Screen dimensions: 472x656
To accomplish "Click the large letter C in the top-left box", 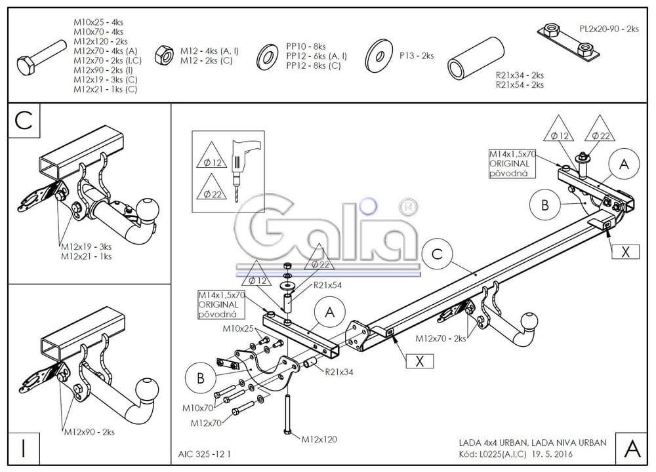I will coord(24,121).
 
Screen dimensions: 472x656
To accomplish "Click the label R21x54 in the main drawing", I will coord(328,285).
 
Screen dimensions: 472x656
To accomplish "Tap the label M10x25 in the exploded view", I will coord(237,328).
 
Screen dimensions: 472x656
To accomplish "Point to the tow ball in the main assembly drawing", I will coord(529,323).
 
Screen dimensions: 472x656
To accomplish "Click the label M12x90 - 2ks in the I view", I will coord(89,432).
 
